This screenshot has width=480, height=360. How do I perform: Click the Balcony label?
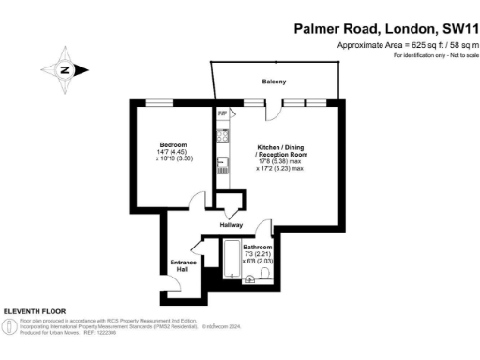pyautogui.click(x=274, y=82)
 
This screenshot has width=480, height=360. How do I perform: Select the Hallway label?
pyautogui.click(x=231, y=225)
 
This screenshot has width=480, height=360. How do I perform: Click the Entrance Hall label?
pyautogui.click(x=183, y=265)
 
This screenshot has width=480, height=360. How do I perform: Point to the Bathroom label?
pyautogui.click(x=257, y=247)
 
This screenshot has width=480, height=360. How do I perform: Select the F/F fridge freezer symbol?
pyautogui.click(x=223, y=114)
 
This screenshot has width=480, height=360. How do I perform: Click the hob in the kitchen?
pyautogui.click(x=223, y=137)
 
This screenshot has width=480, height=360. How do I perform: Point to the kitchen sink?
pyautogui.click(x=223, y=166)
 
